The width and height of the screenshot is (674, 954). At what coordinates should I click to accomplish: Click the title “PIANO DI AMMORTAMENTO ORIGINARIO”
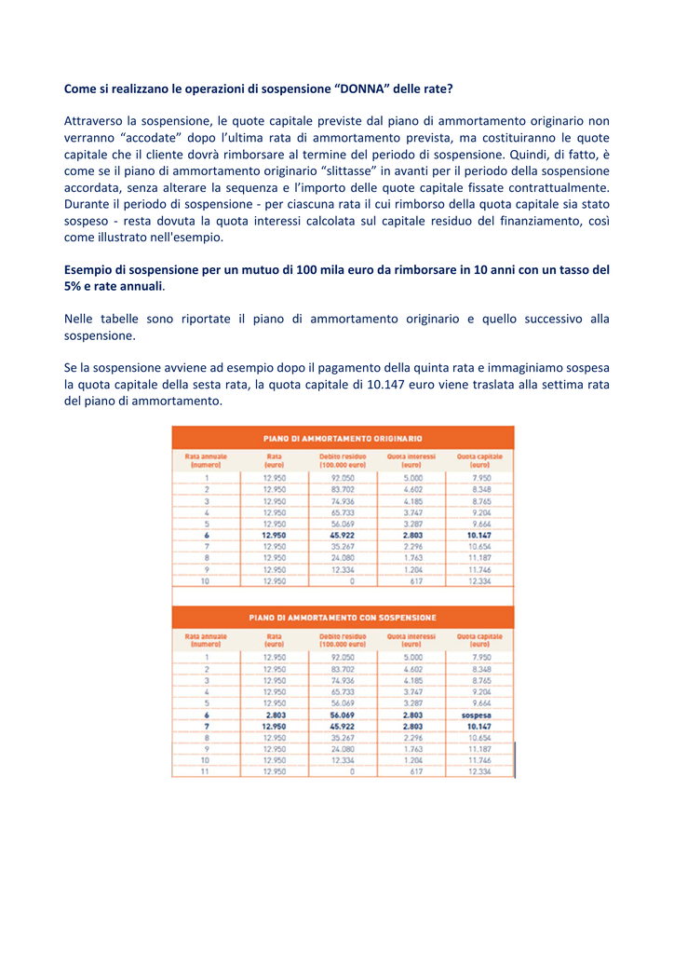343,437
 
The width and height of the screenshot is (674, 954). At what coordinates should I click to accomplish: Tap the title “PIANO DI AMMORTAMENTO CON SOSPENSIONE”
343,617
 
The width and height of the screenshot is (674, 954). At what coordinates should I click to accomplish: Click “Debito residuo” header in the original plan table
342,460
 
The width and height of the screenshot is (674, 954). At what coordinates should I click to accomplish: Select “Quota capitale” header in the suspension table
479,640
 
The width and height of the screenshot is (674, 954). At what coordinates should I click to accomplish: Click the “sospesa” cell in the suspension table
479,715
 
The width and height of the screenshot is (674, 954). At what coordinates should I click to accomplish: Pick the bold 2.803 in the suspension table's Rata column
274,715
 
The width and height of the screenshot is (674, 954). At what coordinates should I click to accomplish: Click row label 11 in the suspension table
206,771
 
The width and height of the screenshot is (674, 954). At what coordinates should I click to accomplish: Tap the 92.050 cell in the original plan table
343,478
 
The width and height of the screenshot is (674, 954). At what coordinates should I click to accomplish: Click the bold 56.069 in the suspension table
343,715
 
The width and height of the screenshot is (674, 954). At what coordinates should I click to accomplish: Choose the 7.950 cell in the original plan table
481,478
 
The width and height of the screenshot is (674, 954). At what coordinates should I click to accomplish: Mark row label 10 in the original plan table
206,581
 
